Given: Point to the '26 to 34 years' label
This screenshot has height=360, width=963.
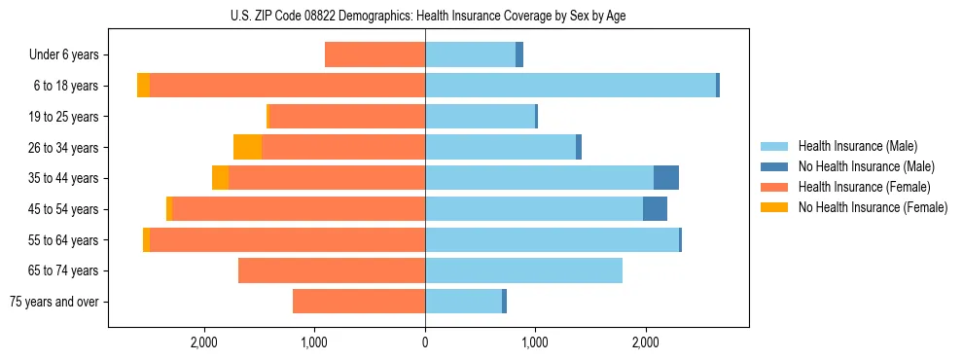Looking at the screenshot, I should tap(63, 147).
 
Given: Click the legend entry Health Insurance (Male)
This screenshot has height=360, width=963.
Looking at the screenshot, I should tap(856, 146).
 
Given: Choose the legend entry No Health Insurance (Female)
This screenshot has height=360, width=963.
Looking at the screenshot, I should tap(873, 207).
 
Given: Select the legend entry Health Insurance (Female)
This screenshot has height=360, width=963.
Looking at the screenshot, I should tap(864, 187).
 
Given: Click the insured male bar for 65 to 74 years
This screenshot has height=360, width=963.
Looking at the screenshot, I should tap(523, 270).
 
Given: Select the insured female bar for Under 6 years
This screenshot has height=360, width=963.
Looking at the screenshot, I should tap(374, 54).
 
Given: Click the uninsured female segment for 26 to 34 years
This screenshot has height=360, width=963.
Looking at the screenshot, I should tap(247, 147).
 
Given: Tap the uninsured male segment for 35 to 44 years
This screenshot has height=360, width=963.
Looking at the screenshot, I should tap(666, 178).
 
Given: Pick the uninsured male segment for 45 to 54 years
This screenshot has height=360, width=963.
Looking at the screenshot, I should tap(655, 209).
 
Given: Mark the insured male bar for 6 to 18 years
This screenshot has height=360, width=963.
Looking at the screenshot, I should tap(570, 86).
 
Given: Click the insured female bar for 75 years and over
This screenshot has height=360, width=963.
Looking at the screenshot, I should tap(359, 302).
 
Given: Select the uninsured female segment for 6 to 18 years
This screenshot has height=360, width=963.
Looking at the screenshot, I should tap(143, 86).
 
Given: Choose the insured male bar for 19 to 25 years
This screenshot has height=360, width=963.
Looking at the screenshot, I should tap(480, 117).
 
